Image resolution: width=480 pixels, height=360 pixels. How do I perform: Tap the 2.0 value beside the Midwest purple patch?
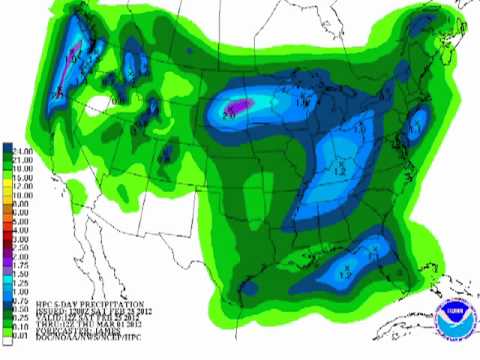[228, 112]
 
